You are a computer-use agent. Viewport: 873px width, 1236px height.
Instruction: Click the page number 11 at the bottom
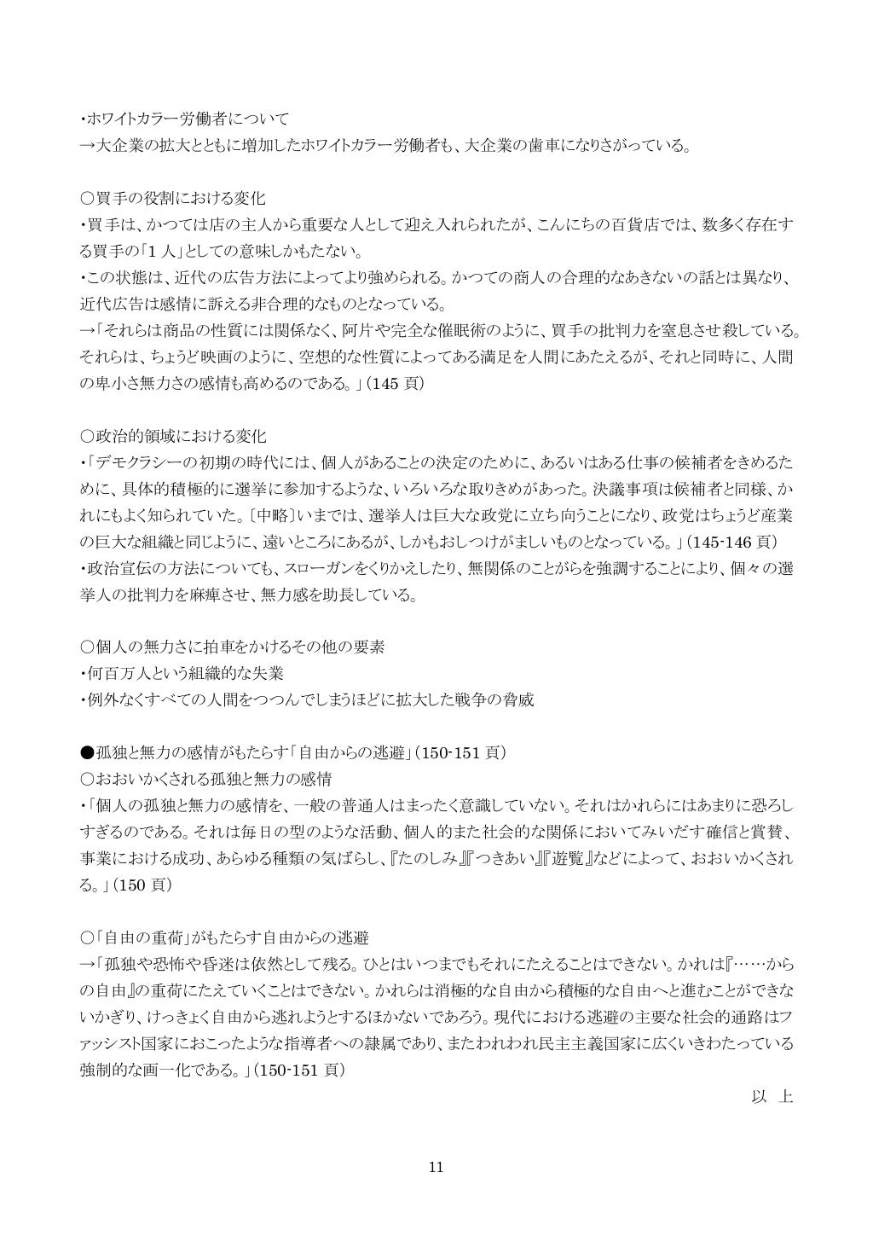436,1168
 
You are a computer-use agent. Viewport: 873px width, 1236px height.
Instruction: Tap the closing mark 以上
772,1097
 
